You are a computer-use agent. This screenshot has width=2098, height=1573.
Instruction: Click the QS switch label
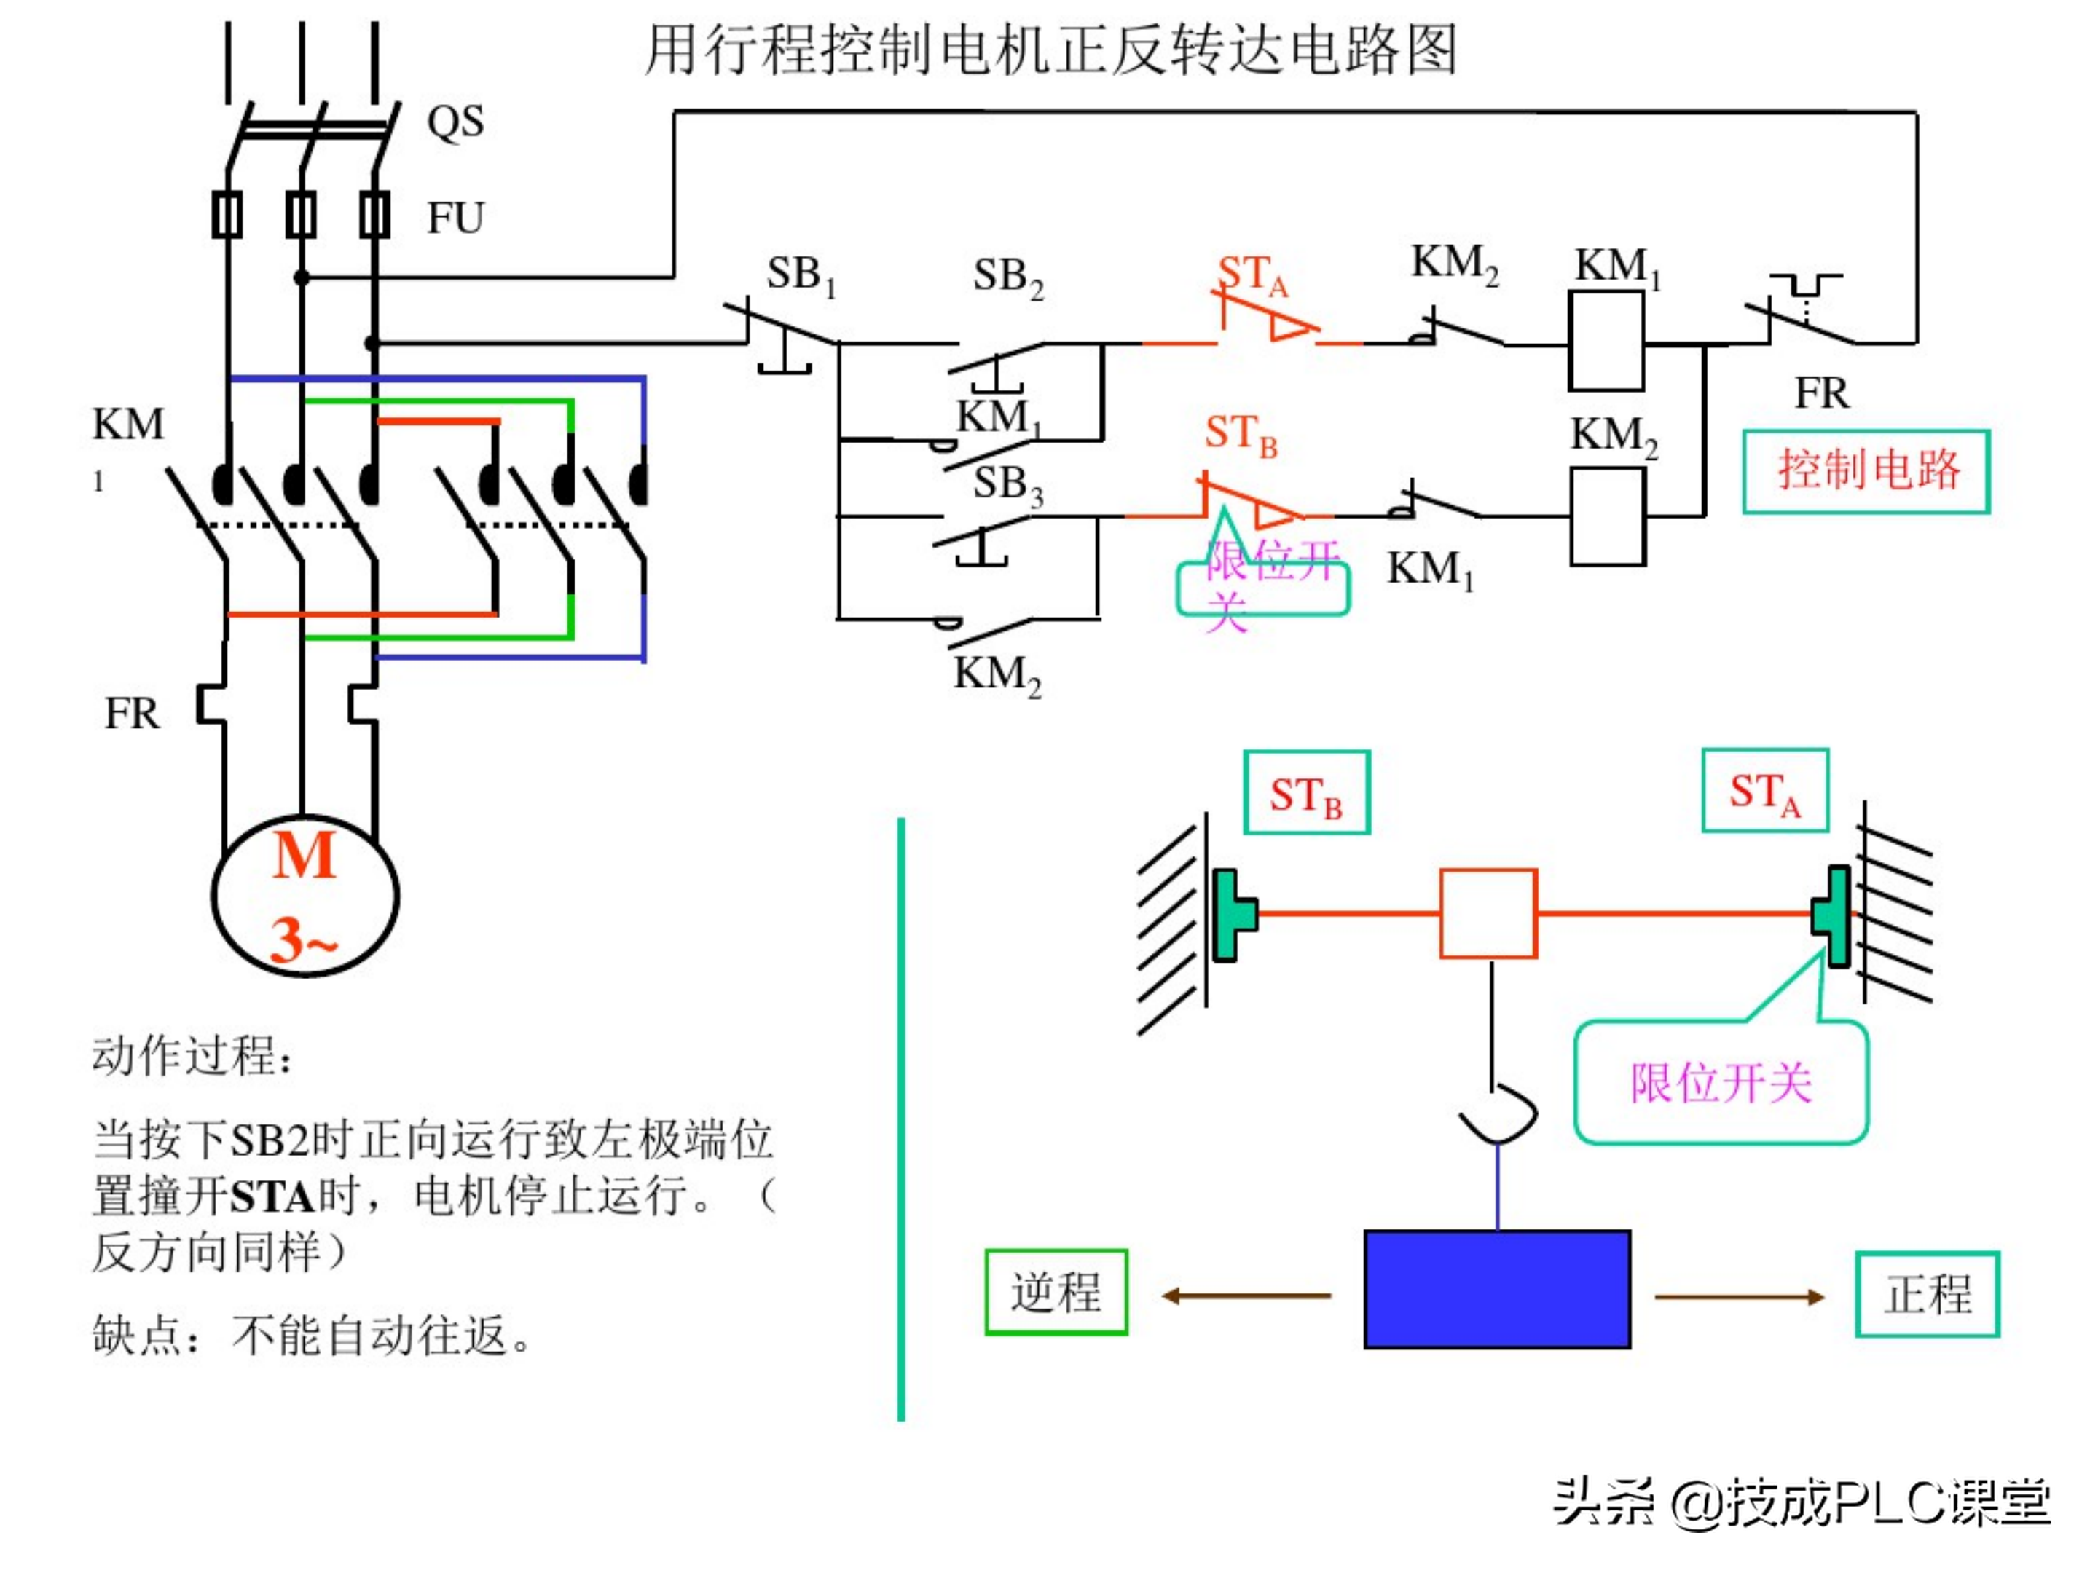click(455, 122)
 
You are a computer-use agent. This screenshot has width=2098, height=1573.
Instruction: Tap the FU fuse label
click(455, 218)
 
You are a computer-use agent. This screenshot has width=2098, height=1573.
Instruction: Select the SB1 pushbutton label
click(801, 275)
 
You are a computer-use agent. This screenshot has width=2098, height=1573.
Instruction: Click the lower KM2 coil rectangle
click(1608, 517)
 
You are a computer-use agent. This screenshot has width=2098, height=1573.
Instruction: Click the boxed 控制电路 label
click(1866, 471)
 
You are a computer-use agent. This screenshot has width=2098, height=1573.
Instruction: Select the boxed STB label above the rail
click(1306, 792)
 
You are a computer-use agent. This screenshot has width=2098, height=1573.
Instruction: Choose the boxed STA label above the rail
click(1764, 791)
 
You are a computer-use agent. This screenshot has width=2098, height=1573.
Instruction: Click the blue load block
click(1497, 1288)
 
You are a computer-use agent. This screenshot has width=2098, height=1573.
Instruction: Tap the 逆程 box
click(1056, 1291)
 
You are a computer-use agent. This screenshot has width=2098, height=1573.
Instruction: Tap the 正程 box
click(1926, 1294)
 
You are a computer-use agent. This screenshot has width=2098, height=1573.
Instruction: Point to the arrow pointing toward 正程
click(1739, 1296)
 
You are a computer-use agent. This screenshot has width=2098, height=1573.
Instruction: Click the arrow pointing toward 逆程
click(1246, 1296)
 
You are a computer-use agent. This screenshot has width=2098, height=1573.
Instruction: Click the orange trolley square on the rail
click(1488, 913)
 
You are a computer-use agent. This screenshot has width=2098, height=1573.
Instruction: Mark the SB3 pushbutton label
click(1007, 484)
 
